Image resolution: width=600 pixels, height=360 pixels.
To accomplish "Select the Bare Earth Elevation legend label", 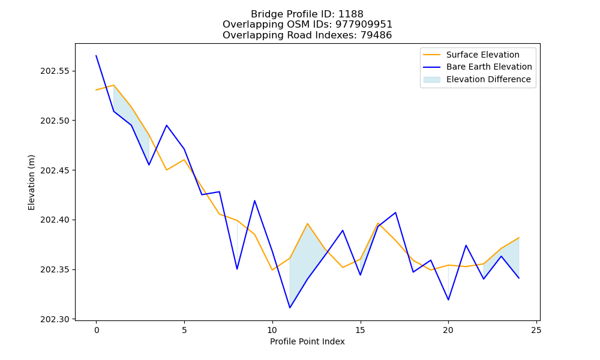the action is pos(489,67).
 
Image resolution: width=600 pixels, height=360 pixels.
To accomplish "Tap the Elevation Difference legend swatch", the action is pos(431,80).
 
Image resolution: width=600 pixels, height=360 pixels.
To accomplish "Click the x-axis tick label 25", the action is pos(536,330).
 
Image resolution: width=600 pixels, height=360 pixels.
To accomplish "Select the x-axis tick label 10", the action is pos(272,330).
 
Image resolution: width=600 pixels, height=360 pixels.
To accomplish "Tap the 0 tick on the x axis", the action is pos(96,330).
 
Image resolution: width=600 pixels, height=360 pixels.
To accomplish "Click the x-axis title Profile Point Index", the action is pos(307,341).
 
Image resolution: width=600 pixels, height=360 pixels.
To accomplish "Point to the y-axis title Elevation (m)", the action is pos(31,182).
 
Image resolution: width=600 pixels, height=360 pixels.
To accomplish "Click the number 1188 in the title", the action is pos(351,14).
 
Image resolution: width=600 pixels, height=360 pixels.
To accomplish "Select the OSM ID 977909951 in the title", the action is pos(364,25).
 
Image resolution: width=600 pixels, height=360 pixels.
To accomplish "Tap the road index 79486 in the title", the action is pos(376,35).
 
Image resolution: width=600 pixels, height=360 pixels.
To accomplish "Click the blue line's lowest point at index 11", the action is pos(290,308).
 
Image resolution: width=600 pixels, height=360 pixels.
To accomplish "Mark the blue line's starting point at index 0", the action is pos(96,55).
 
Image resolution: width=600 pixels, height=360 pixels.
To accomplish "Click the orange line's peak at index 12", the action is pos(307,223).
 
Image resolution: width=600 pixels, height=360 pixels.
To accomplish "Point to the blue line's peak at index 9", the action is pos(254,200).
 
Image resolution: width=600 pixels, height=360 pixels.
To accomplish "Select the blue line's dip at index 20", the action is pos(448,300).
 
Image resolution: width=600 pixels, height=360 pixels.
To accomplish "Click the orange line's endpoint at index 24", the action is pos(519,238).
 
